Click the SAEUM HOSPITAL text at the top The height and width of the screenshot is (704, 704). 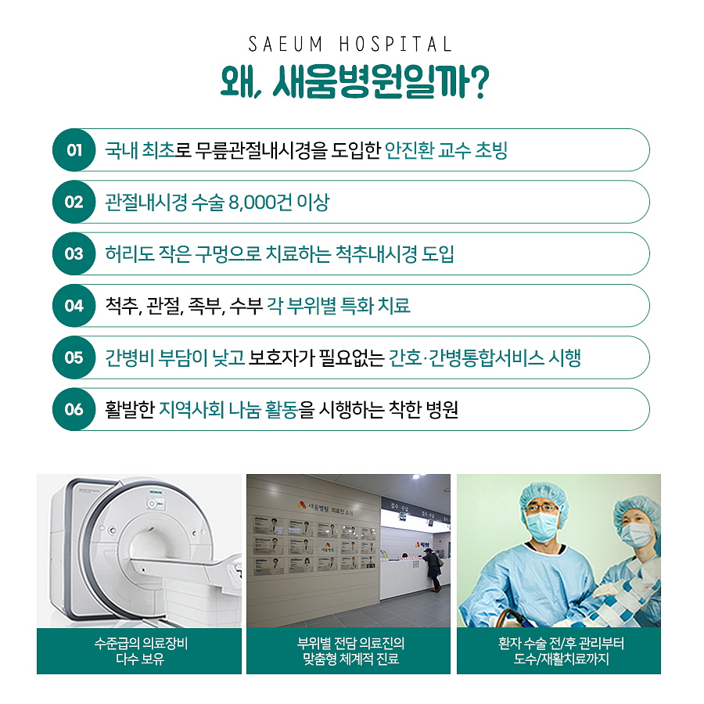point(350,45)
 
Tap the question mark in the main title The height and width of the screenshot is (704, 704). point(478,82)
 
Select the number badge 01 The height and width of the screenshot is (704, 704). point(74,150)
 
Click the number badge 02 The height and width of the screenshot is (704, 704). point(74,202)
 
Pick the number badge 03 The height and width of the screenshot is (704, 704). point(74,253)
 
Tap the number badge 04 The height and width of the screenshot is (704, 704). point(74,306)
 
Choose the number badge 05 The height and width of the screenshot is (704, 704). point(74,357)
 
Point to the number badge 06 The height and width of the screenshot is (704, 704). point(74,409)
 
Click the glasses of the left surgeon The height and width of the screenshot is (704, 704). point(542,508)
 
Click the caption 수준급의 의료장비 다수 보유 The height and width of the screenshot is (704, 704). point(140,651)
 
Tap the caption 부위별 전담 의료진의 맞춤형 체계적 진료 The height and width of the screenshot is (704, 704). point(350,651)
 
